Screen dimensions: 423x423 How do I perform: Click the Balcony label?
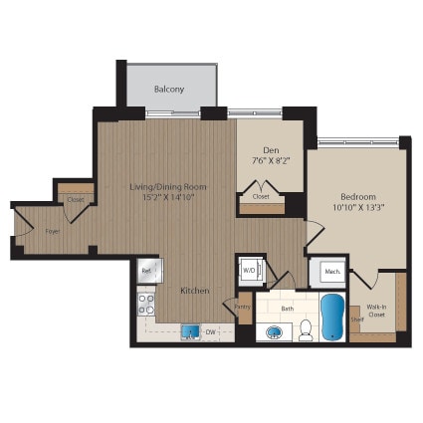coord(169,90)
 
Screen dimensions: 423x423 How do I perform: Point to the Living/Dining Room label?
coord(166,186)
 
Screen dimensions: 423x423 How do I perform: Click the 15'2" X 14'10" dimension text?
coord(166,198)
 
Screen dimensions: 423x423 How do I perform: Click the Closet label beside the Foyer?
coord(76,199)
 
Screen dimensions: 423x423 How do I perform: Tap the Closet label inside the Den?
coord(260,197)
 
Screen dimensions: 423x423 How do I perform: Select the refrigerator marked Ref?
coord(147,270)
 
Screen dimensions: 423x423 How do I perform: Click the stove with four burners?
coord(146,302)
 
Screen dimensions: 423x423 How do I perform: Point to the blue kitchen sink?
coord(189,332)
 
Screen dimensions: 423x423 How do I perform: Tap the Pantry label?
coord(244,308)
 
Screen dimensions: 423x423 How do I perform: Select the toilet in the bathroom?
coord(306,329)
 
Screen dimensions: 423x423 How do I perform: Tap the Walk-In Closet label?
coord(377,312)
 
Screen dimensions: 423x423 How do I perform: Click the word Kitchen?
coord(194,291)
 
